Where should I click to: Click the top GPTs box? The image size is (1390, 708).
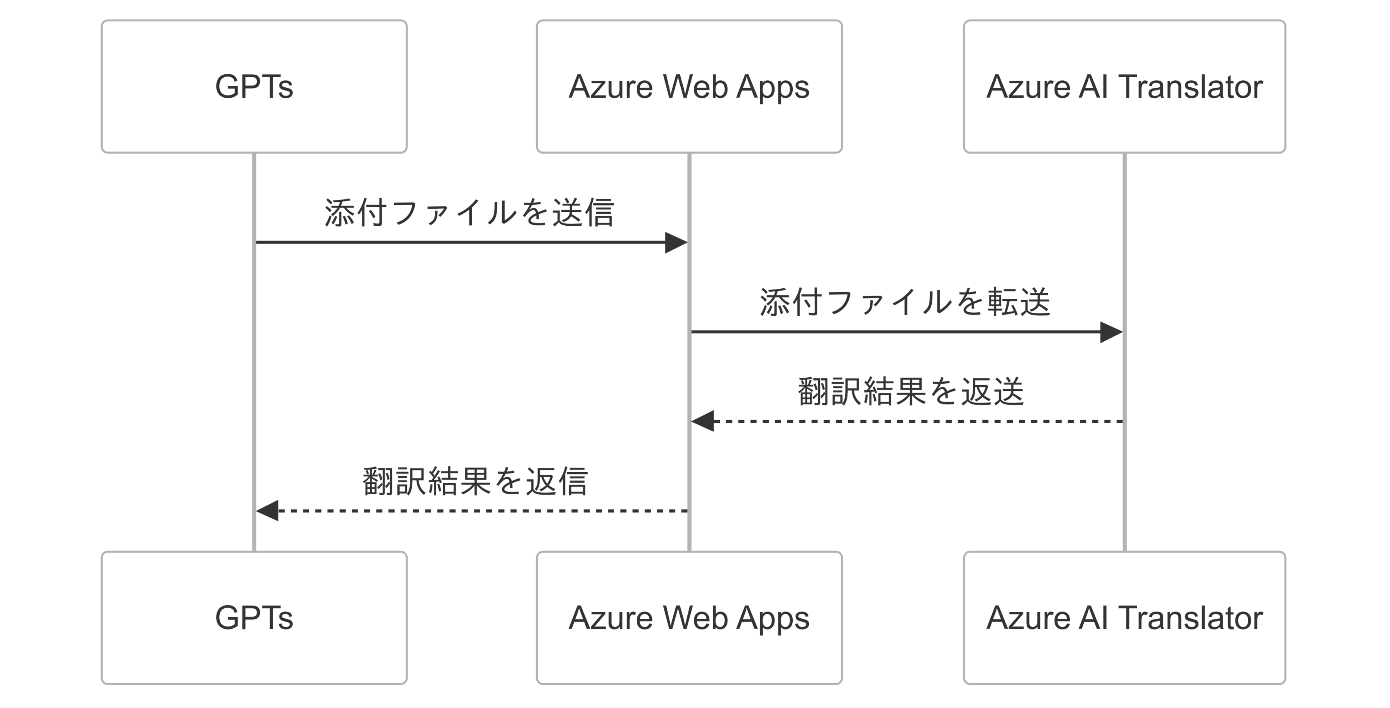tap(254, 87)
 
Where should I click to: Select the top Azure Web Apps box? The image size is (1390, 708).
tap(689, 87)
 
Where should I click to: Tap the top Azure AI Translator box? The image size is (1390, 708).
tap(1124, 87)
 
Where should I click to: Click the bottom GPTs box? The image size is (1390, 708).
tap(254, 618)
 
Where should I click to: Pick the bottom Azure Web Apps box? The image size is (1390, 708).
tap(689, 618)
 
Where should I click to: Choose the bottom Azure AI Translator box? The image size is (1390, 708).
tap(1124, 618)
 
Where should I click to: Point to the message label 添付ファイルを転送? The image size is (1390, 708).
tap(905, 302)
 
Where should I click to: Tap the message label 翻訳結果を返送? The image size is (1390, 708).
tap(910, 391)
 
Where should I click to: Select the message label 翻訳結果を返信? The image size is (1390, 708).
tap(475, 481)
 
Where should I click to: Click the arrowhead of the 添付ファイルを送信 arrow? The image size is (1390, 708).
tap(676, 242)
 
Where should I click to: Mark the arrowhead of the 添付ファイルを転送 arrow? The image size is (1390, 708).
tap(1112, 332)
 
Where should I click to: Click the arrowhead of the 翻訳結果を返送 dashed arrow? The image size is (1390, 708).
tap(703, 421)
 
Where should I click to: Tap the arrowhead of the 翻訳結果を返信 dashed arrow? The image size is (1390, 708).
tap(267, 511)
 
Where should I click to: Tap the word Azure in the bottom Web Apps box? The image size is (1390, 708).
tap(610, 618)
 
